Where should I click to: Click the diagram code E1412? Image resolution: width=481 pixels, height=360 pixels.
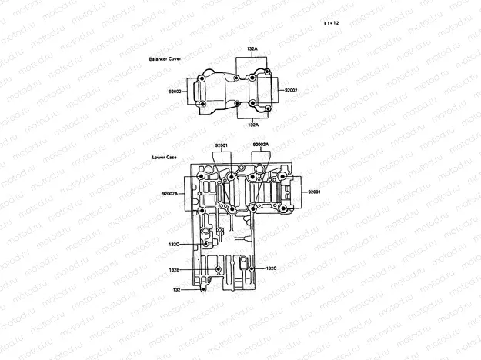tap(332, 23)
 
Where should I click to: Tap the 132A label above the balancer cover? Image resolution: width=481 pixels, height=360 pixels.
tap(252, 48)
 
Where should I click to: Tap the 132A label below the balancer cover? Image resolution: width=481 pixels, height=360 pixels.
tap(252, 124)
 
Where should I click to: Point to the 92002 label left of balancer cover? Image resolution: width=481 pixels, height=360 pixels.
tap(175, 91)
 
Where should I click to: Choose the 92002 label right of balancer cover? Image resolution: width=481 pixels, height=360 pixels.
tap(291, 90)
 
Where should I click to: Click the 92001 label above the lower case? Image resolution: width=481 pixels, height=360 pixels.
tap(222, 145)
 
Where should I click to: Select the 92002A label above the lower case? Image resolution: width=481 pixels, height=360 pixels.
tap(261, 145)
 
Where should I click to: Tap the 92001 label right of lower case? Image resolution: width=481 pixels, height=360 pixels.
tap(314, 191)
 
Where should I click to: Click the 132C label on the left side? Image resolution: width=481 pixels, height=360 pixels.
tap(174, 244)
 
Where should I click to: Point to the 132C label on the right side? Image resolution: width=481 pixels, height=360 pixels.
tap(271, 268)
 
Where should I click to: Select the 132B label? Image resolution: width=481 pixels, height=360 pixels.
tap(175, 270)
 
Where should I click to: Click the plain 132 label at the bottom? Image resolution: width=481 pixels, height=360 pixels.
tap(176, 290)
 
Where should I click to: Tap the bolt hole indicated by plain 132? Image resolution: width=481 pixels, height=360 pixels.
tap(202, 290)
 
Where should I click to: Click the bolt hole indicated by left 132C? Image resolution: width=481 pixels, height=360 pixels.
tap(205, 244)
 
